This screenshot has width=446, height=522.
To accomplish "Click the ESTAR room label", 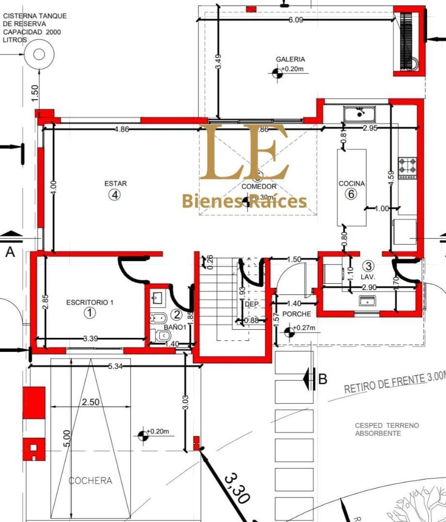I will click(116, 184).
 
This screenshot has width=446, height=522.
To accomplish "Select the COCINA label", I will click(352, 184).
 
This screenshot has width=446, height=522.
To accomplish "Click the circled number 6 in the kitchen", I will click(351, 194).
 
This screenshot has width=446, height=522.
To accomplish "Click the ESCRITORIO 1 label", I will click(89, 303).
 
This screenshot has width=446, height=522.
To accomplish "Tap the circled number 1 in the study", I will click(89, 313).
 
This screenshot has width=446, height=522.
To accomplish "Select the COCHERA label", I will click(90, 480).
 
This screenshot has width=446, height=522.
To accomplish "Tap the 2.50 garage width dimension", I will click(90, 402).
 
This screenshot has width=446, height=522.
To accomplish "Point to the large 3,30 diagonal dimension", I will click(237, 488).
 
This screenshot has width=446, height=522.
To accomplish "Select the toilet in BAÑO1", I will click(158, 335).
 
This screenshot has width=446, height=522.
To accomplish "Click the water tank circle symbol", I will click(39, 54).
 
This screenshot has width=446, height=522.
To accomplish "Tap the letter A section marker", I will click(10, 251).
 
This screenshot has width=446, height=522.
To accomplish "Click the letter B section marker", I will click(323, 378).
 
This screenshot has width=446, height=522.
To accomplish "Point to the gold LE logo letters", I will click(244, 152).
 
